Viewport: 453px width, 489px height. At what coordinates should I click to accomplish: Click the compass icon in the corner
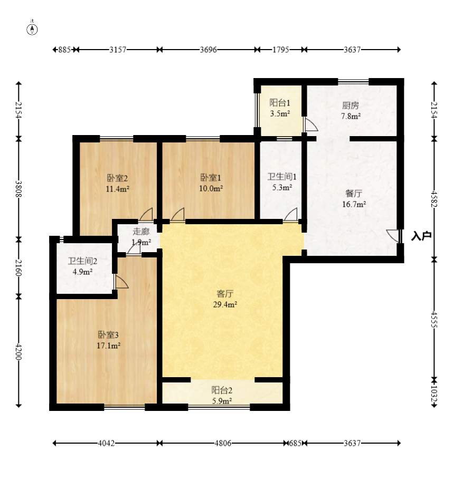32,29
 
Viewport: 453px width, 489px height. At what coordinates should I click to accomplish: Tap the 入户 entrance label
421,236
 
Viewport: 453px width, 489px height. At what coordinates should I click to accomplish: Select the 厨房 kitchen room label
351,106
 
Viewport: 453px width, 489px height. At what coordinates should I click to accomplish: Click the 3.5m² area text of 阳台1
280,113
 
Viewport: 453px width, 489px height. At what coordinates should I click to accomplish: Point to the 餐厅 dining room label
354,194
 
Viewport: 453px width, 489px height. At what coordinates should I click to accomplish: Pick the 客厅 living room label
225,294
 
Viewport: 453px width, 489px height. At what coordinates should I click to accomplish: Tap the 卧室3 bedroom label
108,335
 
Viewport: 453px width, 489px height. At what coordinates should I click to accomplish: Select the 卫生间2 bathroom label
82,261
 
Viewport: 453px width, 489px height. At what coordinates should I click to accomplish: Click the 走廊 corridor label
141,232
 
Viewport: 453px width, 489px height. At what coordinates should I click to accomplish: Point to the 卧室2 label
117,178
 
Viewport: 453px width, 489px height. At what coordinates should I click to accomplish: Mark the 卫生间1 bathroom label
282,177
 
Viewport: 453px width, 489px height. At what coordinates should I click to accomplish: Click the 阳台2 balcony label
222,390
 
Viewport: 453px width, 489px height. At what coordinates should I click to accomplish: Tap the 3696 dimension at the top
208,50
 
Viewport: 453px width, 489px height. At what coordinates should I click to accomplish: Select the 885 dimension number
64,50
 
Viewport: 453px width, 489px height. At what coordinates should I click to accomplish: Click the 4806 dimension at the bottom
223,443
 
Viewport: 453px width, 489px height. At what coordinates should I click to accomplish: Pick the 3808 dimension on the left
18,189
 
